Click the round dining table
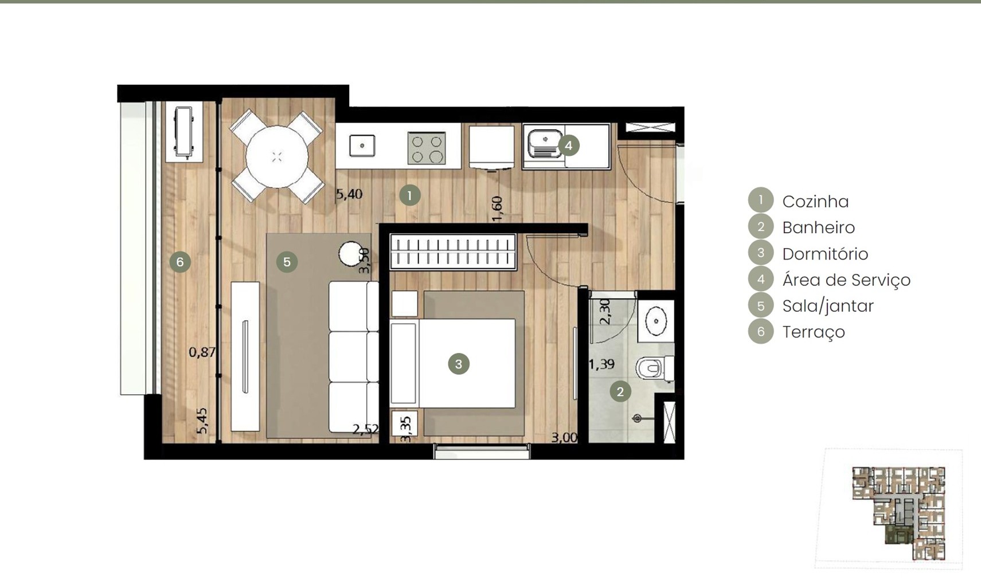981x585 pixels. pos(277,156)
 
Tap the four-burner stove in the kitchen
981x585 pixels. pos(427,148)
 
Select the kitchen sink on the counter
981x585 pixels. pos(362,146)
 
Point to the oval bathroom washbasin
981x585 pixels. pos(655,321)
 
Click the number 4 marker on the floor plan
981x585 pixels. pos(568,146)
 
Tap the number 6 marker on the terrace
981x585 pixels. pos(180,262)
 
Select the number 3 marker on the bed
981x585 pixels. pos(459,364)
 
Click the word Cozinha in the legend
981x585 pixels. pos(815,202)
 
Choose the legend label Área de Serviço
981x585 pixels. pos(847,280)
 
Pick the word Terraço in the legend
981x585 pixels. pos(814,332)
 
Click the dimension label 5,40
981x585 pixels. pos(349,194)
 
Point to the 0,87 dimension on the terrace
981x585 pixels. pos(202,352)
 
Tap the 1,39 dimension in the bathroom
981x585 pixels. pos(601,364)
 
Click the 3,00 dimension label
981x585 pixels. pos(564,438)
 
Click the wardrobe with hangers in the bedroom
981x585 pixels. pos(453,252)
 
